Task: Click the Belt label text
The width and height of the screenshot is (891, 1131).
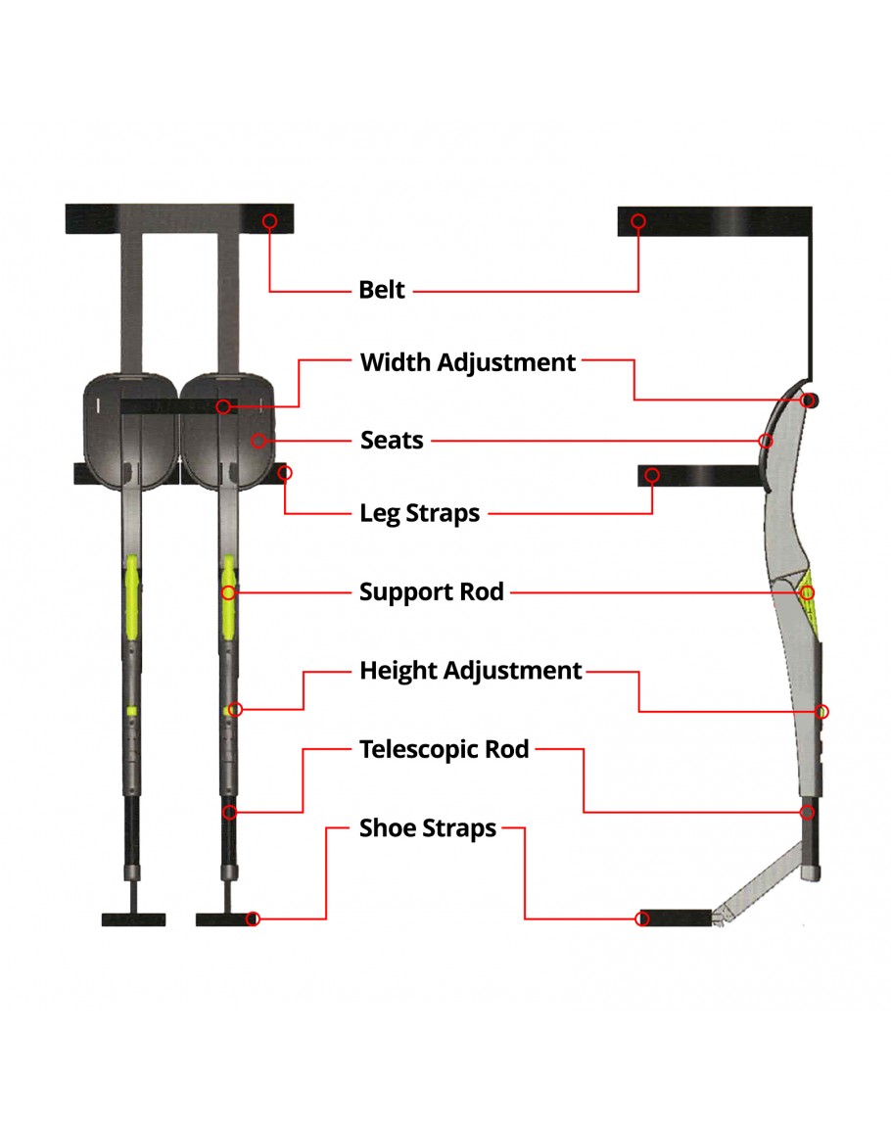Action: (x=382, y=291)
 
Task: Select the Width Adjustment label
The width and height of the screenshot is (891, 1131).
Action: (x=468, y=362)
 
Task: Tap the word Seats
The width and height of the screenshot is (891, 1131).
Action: (x=392, y=441)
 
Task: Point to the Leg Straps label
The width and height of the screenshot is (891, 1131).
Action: (x=420, y=513)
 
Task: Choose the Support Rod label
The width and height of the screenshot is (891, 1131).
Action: (x=432, y=592)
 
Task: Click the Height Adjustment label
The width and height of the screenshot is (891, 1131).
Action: (x=471, y=671)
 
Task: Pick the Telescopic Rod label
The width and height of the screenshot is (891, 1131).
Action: (x=445, y=750)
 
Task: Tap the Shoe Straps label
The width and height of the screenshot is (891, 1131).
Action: (x=428, y=828)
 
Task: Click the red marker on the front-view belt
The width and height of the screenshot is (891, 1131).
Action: (x=270, y=221)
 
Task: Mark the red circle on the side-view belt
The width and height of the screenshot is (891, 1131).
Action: (x=638, y=221)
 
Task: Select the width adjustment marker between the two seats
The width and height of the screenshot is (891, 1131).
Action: (x=225, y=406)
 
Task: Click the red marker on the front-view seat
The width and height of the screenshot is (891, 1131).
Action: (x=258, y=441)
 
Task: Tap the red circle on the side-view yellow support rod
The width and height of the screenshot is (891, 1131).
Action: (x=807, y=592)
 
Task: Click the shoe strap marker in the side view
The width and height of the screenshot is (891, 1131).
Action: (x=642, y=919)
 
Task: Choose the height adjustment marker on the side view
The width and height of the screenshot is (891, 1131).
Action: (x=822, y=711)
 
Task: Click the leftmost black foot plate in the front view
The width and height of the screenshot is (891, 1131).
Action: (x=134, y=919)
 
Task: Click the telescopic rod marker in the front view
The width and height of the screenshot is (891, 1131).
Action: (x=229, y=812)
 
